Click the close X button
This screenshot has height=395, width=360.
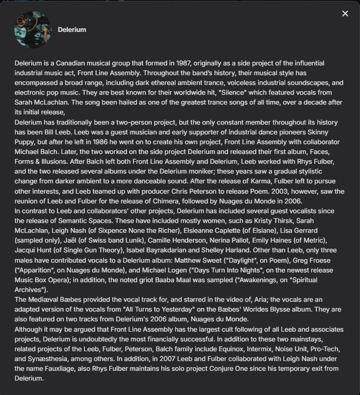(345, 13)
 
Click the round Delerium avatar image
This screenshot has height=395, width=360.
(32, 29)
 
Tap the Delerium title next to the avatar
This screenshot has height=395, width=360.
(72, 29)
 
